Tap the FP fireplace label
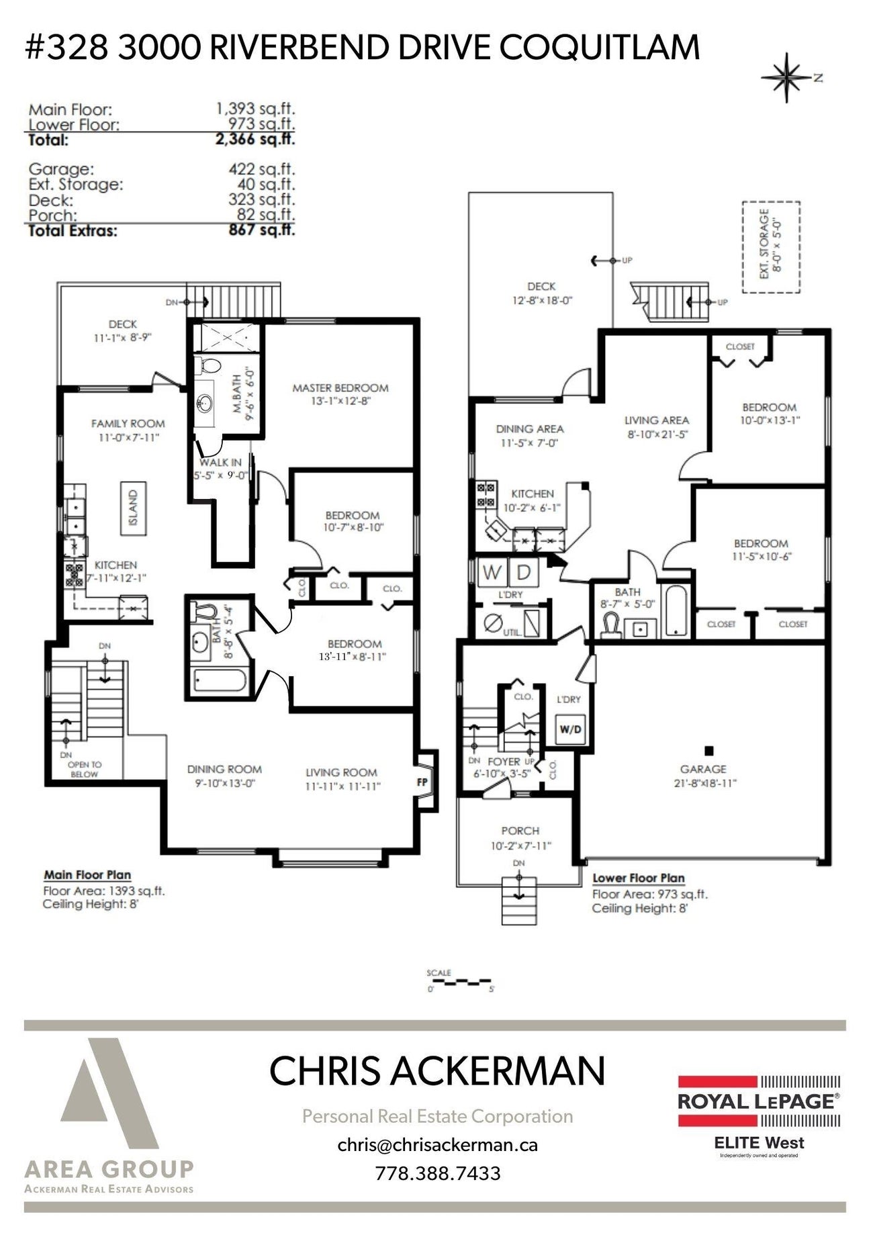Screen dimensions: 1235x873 [x=422, y=782]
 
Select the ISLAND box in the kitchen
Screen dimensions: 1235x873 [x=133, y=508]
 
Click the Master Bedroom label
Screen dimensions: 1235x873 [x=340, y=388]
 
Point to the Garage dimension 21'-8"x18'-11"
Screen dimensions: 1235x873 [x=703, y=783]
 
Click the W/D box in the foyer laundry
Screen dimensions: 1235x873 [x=570, y=729]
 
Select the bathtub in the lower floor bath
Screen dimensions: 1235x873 [x=675, y=611]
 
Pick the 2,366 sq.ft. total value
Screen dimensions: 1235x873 [x=255, y=140]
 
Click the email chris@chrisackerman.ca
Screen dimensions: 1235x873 [x=437, y=1144]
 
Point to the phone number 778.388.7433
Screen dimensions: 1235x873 [x=437, y=1173]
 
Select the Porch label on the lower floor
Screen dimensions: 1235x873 [x=520, y=831]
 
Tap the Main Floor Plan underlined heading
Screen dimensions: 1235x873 [x=87, y=875]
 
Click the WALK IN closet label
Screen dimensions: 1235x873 [x=220, y=463]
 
